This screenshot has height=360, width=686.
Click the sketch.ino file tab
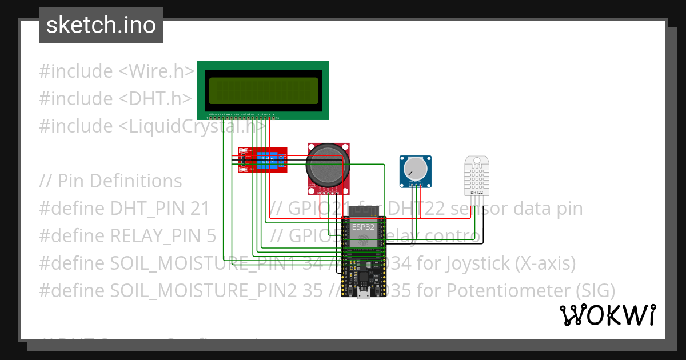tap(101, 25)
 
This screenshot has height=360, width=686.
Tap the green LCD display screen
tap(263, 90)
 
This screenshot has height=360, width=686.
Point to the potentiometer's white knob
tap(414, 169)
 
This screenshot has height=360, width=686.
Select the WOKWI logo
tap(607, 315)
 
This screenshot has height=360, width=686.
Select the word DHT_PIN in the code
tap(148, 209)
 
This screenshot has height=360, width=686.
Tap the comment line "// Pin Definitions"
tap(110, 181)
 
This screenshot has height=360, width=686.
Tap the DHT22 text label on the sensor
tap(477, 193)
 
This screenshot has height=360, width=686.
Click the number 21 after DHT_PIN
tap(200, 209)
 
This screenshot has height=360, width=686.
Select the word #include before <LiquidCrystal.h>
tap(76, 126)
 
